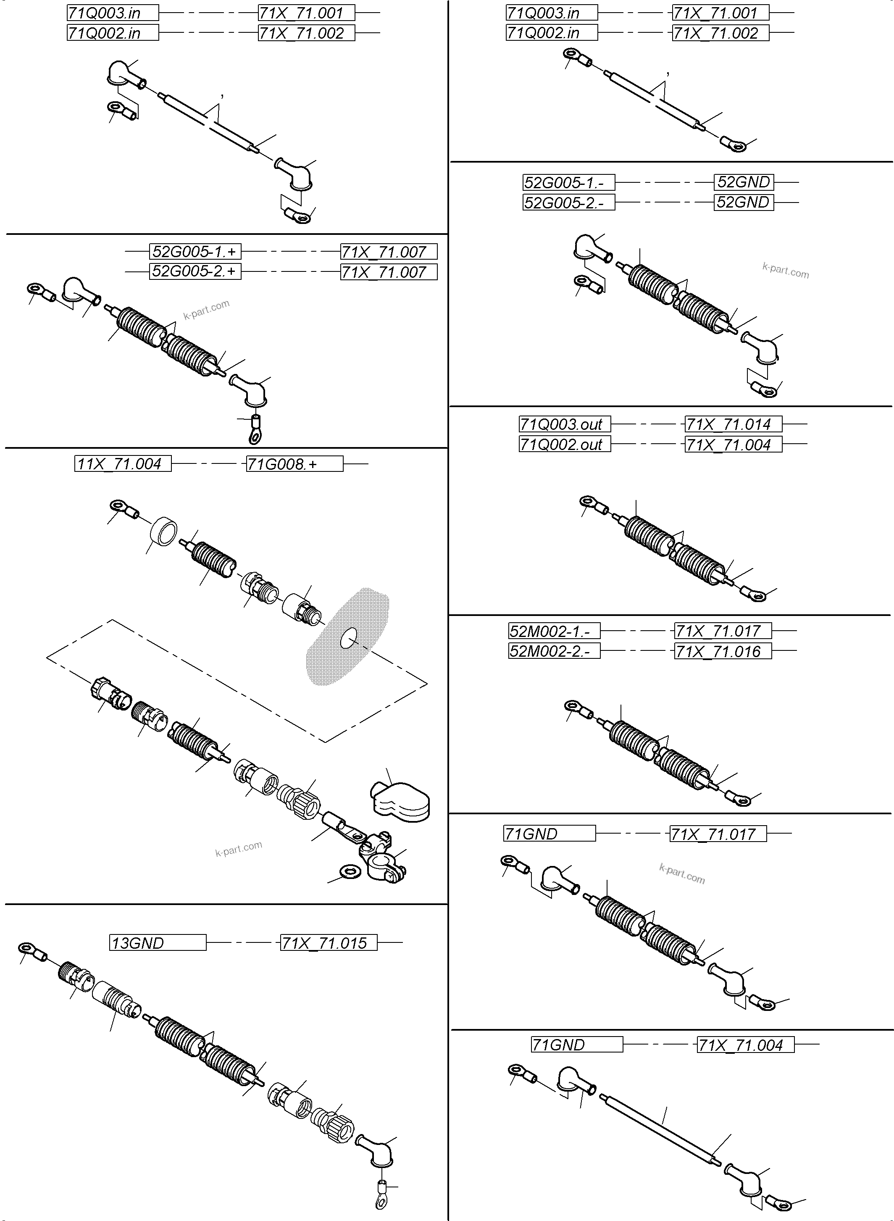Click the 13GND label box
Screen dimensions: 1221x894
(158, 942)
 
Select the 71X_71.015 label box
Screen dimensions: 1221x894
(329, 942)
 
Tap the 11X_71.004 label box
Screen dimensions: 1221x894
(123, 464)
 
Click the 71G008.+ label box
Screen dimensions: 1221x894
(294, 464)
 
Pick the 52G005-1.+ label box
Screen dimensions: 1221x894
(195, 252)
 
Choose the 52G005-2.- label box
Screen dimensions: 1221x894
(568, 203)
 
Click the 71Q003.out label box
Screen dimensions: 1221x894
(565, 424)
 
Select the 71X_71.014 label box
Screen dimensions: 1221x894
(733, 424)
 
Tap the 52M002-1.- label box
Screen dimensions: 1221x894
(554, 631)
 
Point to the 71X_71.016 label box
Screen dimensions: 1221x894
(723, 651)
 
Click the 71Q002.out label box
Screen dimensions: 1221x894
(565, 445)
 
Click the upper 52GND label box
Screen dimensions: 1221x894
(744, 182)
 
